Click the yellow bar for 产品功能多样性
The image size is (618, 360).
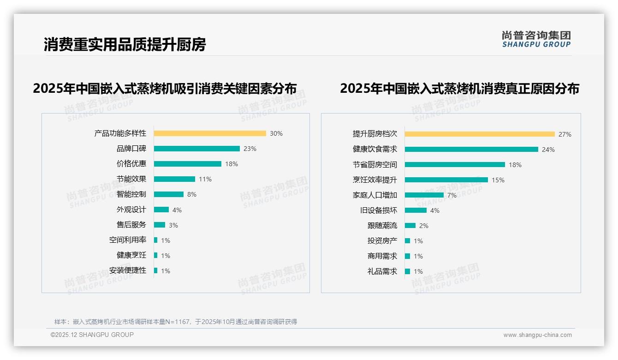pyautogui.click(x=210, y=133)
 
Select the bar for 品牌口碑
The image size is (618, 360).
pyautogui.click(x=197, y=149)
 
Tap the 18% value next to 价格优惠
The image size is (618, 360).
pyautogui.click(x=232, y=164)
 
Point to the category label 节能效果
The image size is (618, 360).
pyautogui.click(x=131, y=179)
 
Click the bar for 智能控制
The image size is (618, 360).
pyautogui.click(x=169, y=194)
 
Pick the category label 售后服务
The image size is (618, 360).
pyautogui.click(x=131, y=225)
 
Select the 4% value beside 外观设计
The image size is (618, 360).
pyautogui.click(x=177, y=210)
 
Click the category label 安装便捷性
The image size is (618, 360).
pyautogui.click(x=128, y=270)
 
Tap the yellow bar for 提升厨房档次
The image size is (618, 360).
pyautogui.click(x=480, y=134)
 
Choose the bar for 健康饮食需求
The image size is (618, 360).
pyautogui.click(x=471, y=150)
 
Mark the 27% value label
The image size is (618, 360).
pyautogui.click(x=565, y=134)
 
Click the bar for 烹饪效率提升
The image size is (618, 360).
pyautogui.click(x=446, y=180)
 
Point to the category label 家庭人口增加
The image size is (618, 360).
pyautogui.click(x=375, y=195)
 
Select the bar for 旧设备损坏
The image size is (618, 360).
pyautogui.click(x=416, y=210)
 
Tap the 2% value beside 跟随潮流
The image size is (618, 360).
pyautogui.click(x=424, y=226)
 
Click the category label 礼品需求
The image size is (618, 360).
pyautogui.click(x=382, y=271)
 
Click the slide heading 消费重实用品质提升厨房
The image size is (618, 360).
pyautogui.click(x=125, y=44)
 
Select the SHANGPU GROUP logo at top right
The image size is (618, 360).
pyautogui.click(x=536, y=39)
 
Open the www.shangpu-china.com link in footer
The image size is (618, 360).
pyautogui.click(x=537, y=335)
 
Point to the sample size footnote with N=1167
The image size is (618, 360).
pyautogui.click(x=176, y=322)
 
